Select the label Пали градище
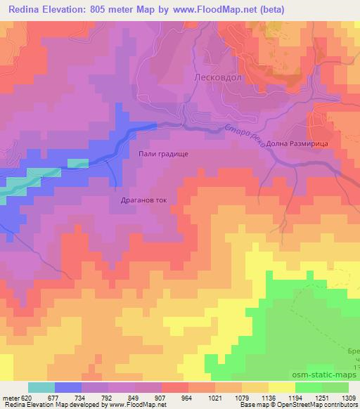pos(162,152)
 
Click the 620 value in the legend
pos(27,397)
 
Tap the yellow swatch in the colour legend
pos(282,387)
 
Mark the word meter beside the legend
pos(11,397)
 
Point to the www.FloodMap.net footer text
pos(134,405)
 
